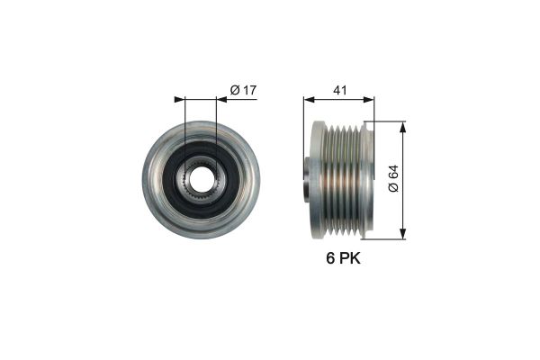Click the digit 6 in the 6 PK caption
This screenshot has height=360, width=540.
point(329,260)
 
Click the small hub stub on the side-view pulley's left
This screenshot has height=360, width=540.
point(306,178)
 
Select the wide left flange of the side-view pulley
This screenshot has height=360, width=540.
point(317,180)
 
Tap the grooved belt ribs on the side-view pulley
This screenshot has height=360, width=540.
point(343,180)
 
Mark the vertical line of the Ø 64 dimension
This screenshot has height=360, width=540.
point(400,207)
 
